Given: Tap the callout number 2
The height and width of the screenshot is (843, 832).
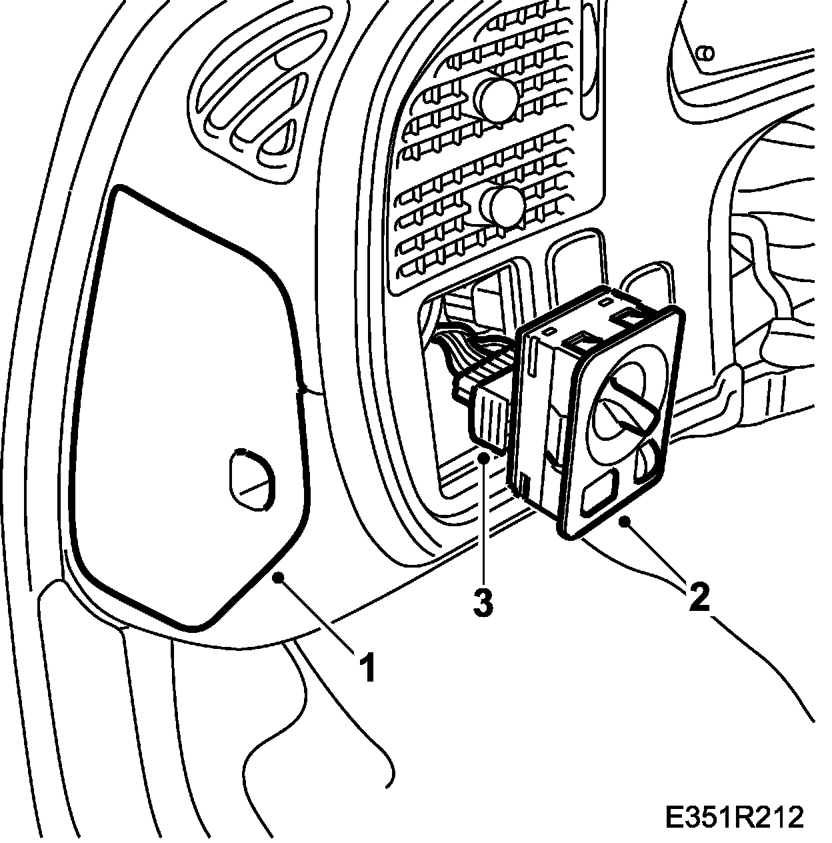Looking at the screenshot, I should point(698,597).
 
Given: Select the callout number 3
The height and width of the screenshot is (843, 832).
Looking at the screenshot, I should point(483,603).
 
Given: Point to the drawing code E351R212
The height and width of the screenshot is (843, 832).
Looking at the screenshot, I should point(734,817).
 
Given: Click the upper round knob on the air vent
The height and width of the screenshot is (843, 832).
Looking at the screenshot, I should point(499,99).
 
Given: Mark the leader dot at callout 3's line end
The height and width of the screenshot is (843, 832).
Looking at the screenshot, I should point(483,456).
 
